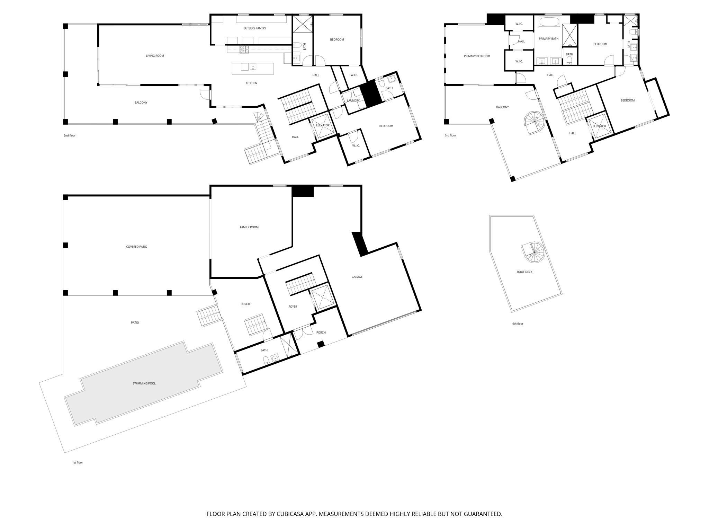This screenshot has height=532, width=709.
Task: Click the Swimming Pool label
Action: click(144, 383)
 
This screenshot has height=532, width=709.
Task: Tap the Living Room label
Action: click(155, 56)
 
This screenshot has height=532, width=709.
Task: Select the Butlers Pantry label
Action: click(254, 28)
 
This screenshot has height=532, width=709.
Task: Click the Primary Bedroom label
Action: click(477, 56)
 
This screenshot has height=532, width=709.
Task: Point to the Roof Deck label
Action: click(524, 272)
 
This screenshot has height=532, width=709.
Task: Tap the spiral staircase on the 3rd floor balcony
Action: click(535, 123)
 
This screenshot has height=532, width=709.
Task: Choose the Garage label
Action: click(357, 277)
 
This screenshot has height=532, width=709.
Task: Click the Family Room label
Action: click(249, 227)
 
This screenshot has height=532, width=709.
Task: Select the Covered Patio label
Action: click(136, 247)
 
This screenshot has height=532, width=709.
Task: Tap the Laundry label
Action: click(353, 101)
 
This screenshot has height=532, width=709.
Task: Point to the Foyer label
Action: click(293, 307)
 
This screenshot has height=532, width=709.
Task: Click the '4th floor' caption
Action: click(518, 324)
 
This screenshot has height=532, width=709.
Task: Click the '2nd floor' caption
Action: click(69, 136)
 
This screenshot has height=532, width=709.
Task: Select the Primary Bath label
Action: click(548, 39)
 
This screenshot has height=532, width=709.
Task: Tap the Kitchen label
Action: click(251, 83)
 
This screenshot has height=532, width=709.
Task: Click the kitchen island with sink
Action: click(253, 69)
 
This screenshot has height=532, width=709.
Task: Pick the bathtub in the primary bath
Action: click(549, 23)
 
